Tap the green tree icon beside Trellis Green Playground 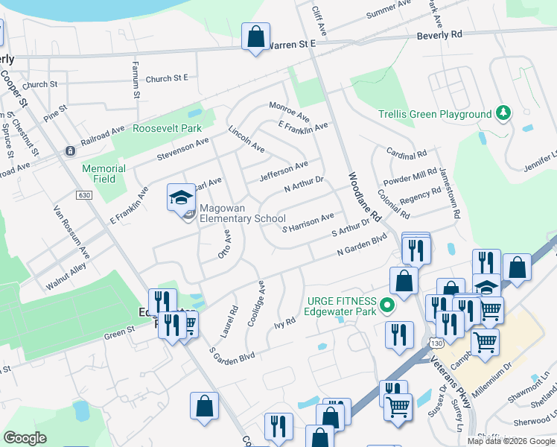(x=504, y=113)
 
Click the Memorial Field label (x=104, y=174)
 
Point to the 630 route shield (x=83, y=195)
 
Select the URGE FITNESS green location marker (x=386, y=305)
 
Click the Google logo (x=25, y=438)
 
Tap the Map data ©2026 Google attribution (x=511, y=441)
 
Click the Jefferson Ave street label (x=283, y=171)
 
